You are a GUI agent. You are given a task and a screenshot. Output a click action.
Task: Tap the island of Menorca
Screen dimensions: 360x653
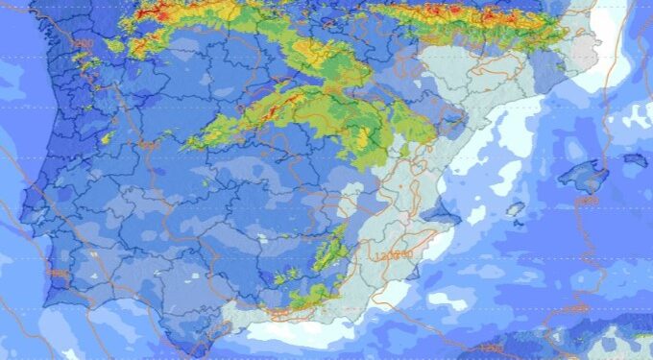click(x=634, y=159)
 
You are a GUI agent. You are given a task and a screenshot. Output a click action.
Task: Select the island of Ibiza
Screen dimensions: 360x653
click(x=515, y=208)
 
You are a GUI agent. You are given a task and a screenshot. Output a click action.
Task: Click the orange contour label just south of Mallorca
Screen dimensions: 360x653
click(x=588, y=201)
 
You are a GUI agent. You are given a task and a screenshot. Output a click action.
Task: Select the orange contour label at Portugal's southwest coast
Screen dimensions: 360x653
click(x=58, y=274)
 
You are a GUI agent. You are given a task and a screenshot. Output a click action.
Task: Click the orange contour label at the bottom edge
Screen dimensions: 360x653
click(x=490, y=347)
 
